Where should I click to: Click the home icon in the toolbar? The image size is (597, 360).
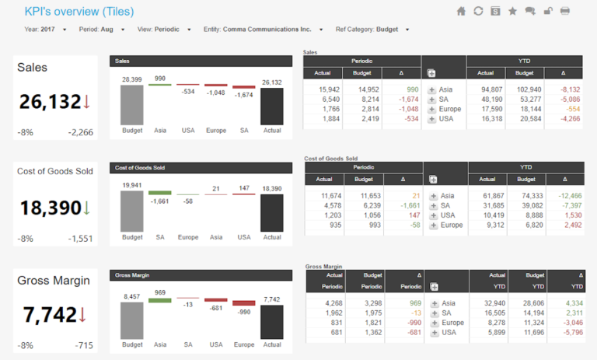461,11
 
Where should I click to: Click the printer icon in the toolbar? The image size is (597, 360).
565,11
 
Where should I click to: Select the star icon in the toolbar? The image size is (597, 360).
512,11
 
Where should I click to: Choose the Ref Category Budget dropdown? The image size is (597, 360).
407,30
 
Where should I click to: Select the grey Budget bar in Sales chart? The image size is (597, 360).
132,104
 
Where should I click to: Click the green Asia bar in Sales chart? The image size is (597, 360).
160,85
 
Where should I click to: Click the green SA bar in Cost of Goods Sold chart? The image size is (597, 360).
160,192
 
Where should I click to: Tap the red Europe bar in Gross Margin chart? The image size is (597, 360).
244,303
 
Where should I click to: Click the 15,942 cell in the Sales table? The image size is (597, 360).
329,89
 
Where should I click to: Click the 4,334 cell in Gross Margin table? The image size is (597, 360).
570,302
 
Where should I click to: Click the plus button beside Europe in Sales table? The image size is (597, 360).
432,110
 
